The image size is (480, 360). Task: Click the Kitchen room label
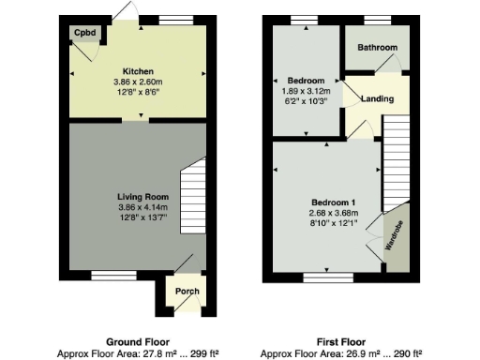pyautogui.click(x=137, y=71)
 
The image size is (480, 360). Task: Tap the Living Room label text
pyautogui.click(x=137, y=196)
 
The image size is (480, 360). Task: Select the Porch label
pyautogui.click(x=187, y=292)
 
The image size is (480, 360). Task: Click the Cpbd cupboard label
pyautogui.click(x=82, y=32)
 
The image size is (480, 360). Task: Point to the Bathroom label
pyautogui.click(x=377, y=48)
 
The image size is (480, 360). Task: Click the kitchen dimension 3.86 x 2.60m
pyautogui.click(x=137, y=82)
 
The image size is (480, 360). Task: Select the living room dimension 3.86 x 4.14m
pyautogui.click(x=137, y=206)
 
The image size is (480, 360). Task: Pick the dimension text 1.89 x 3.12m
pyautogui.click(x=307, y=91)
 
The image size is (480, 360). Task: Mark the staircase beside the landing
pyautogui.click(x=397, y=159)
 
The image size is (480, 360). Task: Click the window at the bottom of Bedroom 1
pyautogui.click(x=328, y=277)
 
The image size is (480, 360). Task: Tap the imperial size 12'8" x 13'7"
pyautogui.click(x=137, y=217)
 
